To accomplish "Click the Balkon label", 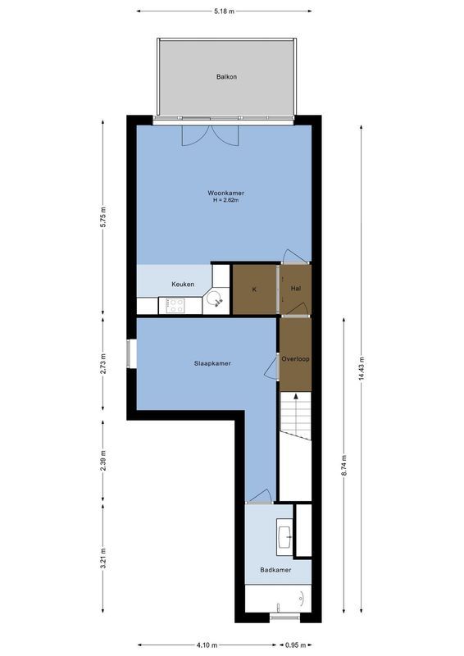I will click(x=226, y=77).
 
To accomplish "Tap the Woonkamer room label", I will click(x=226, y=194).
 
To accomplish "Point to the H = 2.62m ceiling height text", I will click(x=226, y=201).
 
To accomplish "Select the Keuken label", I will click(x=183, y=285).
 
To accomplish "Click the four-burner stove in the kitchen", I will click(x=175, y=305).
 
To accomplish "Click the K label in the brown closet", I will click(x=254, y=289).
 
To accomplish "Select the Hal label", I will click(x=296, y=289).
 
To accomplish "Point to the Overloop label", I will click(x=295, y=359).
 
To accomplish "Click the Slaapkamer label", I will click(x=212, y=362).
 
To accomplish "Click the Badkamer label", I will click(x=275, y=570).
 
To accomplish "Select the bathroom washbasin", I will click(x=285, y=537).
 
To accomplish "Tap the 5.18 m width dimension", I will click(x=224, y=11).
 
